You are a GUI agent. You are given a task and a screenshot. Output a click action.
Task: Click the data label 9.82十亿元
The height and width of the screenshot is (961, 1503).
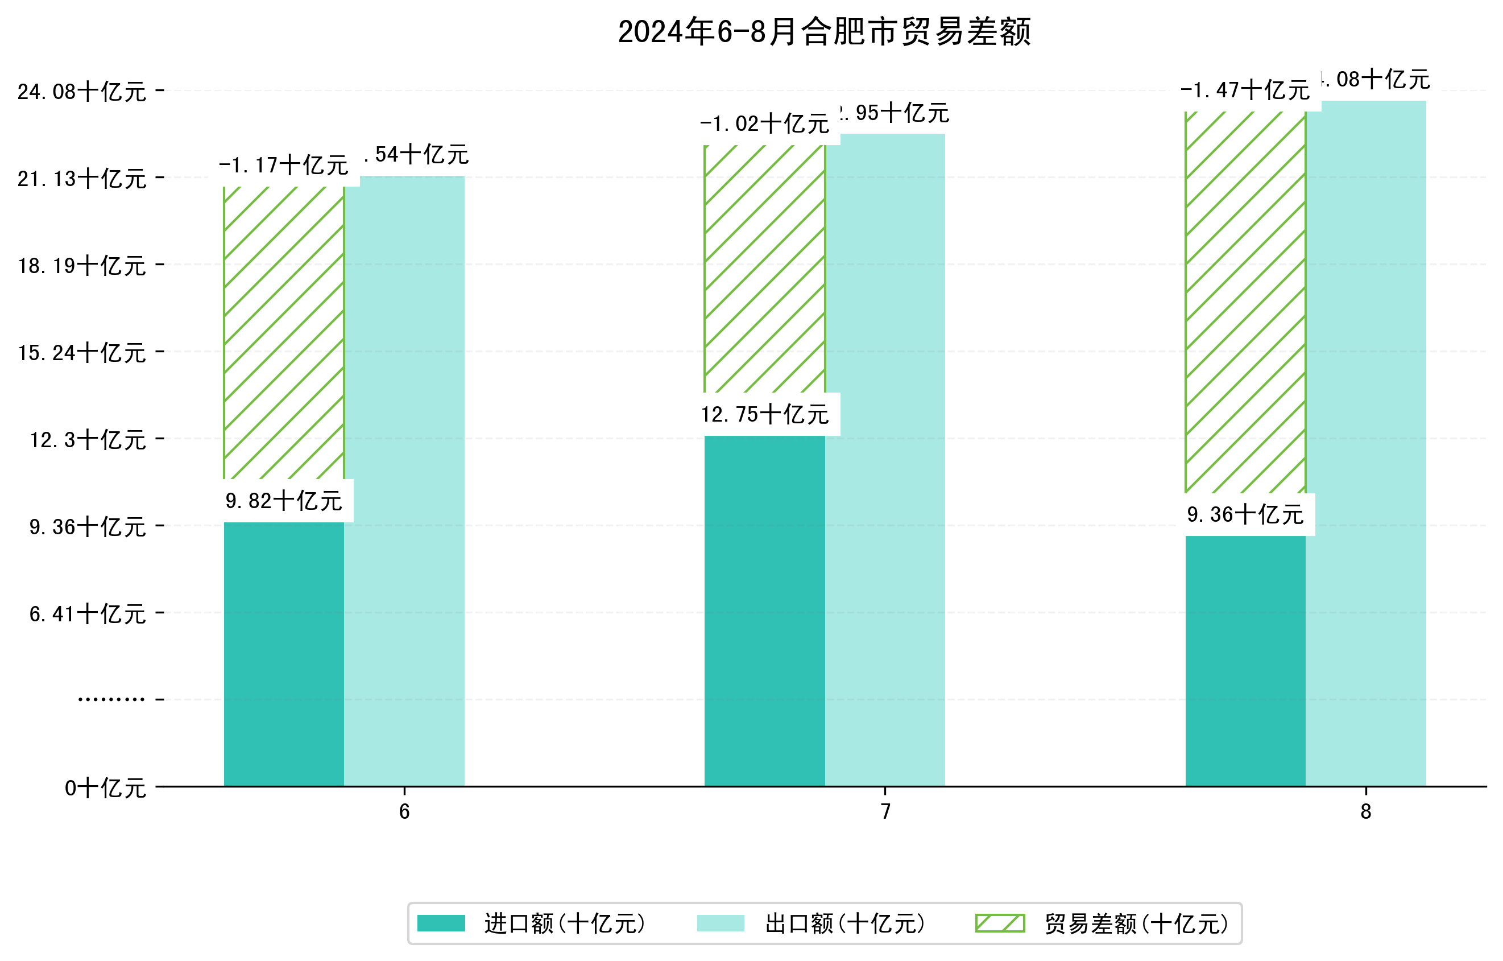pyautogui.click(x=283, y=501)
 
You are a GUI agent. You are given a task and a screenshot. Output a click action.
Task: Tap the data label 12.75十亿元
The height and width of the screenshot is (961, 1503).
pyautogui.click(x=765, y=414)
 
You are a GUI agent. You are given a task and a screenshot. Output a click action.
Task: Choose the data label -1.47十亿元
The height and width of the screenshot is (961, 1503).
pyautogui.click(x=1245, y=90)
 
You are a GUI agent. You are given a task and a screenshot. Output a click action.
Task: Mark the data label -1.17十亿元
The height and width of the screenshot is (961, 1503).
pyautogui.click(x=283, y=166)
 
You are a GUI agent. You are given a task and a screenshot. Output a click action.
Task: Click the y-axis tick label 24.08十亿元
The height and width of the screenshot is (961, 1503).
pyautogui.click(x=82, y=92)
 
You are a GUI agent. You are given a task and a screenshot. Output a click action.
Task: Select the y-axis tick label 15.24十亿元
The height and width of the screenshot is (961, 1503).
pyautogui.click(x=82, y=353)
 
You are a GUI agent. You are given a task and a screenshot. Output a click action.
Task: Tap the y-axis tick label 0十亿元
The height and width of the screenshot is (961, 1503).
pyautogui.click(x=105, y=788)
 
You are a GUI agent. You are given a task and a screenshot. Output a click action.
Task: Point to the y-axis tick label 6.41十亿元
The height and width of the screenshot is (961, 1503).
pyautogui.click(x=88, y=614)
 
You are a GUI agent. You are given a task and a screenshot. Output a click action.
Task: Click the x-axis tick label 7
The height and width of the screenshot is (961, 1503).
pyautogui.click(x=885, y=812)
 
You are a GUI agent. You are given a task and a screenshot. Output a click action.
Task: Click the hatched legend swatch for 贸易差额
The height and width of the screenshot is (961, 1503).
pyautogui.click(x=1000, y=923)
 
